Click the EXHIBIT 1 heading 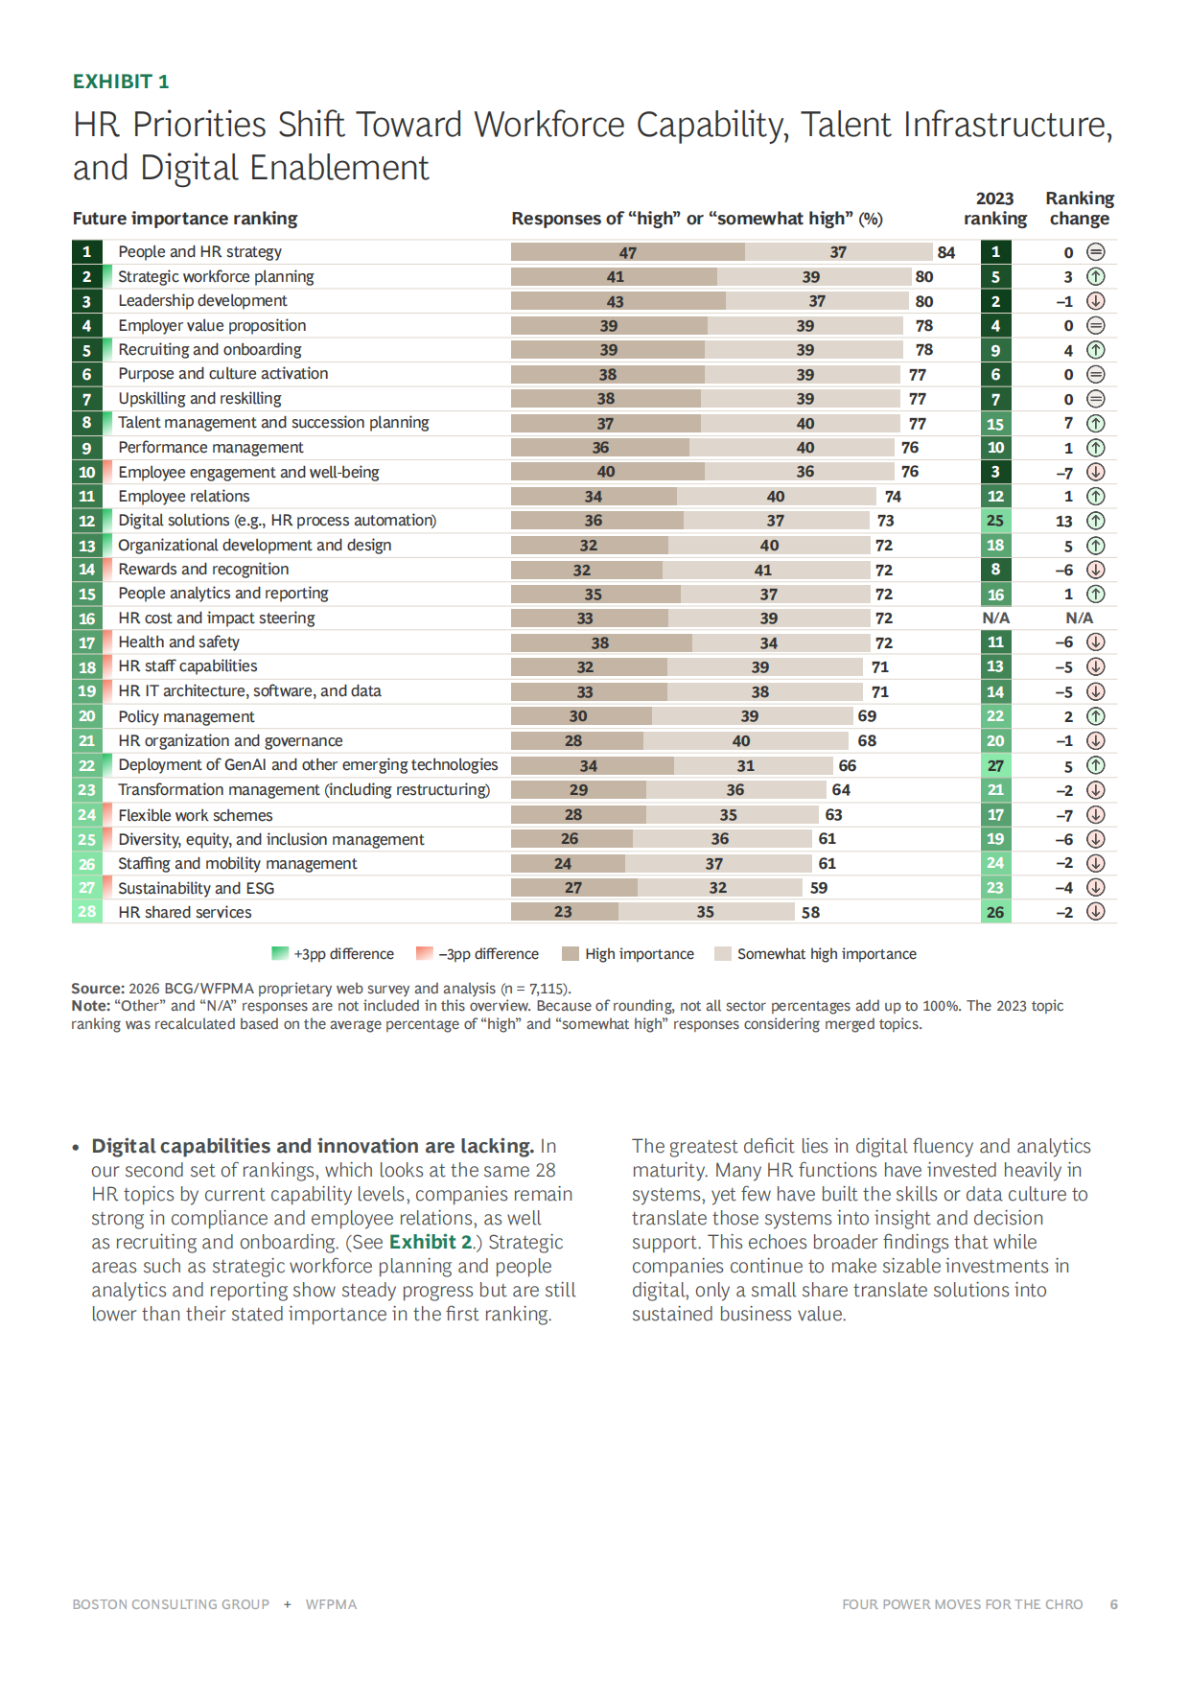pos(121,82)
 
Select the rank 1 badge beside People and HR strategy pos(86,252)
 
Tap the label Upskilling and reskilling pos(199,398)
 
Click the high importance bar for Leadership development pos(618,301)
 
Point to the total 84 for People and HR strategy pos(945,252)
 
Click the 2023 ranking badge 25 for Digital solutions pos(995,521)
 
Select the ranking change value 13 pos(1063,521)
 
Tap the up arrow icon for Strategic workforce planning pos(1096,276)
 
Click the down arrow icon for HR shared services pos(1096,911)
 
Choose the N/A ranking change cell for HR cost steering pos(1079,619)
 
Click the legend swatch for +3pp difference pos(280,953)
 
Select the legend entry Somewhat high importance pos(826,954)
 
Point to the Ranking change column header pos(1079,208)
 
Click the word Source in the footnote pos(97,988)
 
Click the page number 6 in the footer pos(1113,1604)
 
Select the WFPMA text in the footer pos(331,1604)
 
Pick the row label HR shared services pos(184,912)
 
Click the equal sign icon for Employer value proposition pos(1096,325)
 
